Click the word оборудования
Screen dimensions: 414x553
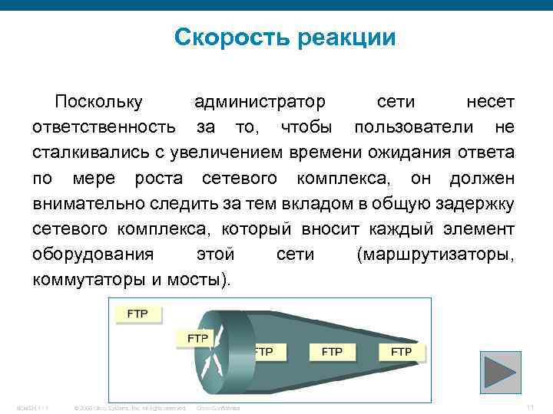(93, 254)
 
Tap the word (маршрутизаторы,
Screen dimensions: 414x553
(435, 254)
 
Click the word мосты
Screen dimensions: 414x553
(202, 279)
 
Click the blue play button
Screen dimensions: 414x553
(500, 372)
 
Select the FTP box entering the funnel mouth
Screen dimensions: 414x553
(197, 337)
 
